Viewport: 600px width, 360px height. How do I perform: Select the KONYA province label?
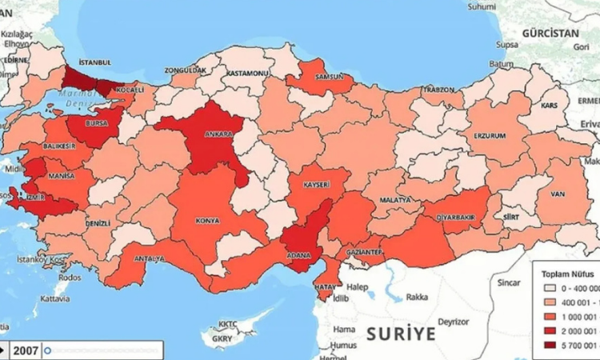[x=207, y=221]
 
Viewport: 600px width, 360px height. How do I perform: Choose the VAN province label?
[x=557, y=194]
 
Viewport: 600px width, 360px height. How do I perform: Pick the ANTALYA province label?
[x=149, y=258]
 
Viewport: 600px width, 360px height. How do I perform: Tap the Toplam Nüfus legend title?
[x=568, y=272]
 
